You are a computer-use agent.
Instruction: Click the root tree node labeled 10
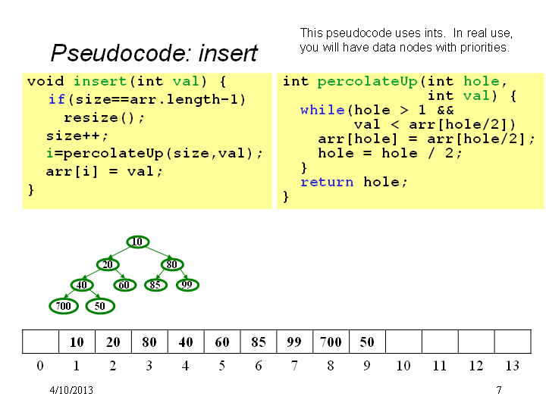(x=138, y=242)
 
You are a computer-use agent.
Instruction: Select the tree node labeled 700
(x=64, y=306)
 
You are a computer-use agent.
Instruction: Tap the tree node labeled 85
(x=155, y=285)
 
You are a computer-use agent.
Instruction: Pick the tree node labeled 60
(x=124, y=286)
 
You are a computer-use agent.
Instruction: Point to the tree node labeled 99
(x=187, y=285)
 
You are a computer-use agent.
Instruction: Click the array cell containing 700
(x=331, y=342)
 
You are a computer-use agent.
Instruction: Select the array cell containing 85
(x=259, y=342)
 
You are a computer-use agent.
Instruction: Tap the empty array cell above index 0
(x=40, y=342)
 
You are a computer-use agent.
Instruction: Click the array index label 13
(x=512, y=366)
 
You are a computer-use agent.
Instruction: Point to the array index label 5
(x=221, y=366)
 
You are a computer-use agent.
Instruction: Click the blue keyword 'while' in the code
(x=322, y=111)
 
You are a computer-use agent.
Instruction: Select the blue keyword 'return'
(x=327, y=182)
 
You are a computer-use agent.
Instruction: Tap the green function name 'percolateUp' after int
(x=367, y=81)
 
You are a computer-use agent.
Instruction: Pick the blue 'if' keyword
(x=57, y=99)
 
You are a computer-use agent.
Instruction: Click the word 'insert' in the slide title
(x=228, y=53)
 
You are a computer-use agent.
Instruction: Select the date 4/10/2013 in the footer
(x=71, y=390)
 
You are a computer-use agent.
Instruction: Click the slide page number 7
(x=499, y=390)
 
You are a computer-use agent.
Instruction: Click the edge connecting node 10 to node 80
(x=158, y=253)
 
